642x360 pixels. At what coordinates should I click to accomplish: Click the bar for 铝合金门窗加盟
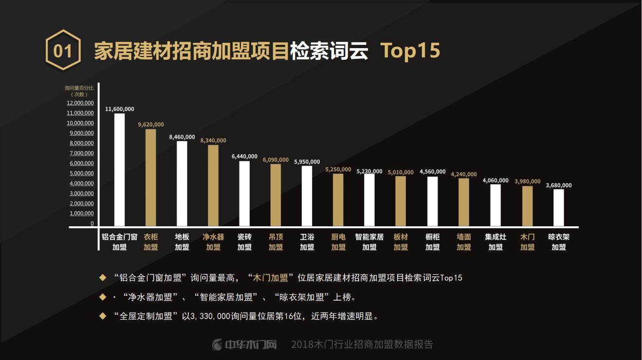(x=119, y=170)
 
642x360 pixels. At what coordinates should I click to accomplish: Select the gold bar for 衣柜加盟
(x=151, y=178)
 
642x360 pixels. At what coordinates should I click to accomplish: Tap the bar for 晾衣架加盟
(x=559, y=208)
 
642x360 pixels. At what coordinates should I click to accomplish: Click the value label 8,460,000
(x=182, y=137)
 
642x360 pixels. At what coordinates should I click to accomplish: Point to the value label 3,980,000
(x=527, y=181)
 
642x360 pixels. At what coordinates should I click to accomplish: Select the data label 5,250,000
(x=338, y=169)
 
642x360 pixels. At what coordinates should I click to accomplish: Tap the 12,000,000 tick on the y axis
(x=80, y=103)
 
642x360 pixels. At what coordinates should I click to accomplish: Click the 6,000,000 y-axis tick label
(x=82, y=163)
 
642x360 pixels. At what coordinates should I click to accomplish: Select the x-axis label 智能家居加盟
(x=369, y=242)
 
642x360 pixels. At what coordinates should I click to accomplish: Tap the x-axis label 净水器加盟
(x=213, y=242)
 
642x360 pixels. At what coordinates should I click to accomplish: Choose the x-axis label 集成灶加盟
(x=495, y=242)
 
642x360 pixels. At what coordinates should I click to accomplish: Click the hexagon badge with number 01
(x=63, y=50)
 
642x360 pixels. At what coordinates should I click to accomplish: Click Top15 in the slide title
(x=410, y=51)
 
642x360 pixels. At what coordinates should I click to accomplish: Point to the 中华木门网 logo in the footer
(x=245, y=345)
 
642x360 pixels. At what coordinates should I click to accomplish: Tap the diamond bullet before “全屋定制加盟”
(x=102, y=316)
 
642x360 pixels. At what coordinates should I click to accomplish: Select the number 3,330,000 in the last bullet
(x=209, y=317)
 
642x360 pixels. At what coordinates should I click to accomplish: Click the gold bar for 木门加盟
(x=527, y=206)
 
